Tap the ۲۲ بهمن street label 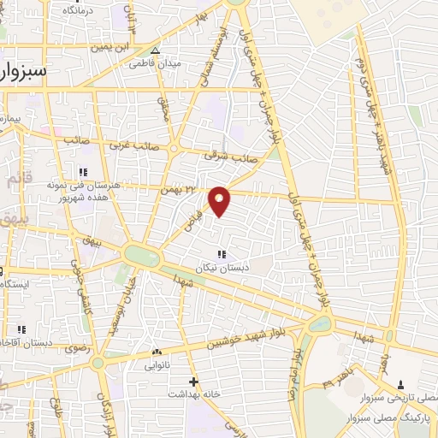177,189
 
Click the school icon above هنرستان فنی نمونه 83,171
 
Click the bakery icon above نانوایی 156,352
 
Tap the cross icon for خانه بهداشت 193,382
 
